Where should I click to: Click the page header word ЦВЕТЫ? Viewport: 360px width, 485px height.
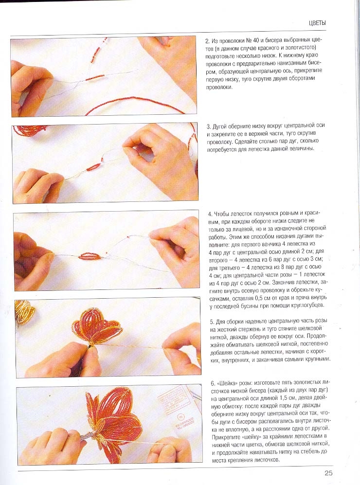317,23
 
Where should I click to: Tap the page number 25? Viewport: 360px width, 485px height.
328,473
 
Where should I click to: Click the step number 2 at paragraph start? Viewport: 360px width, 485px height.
207,41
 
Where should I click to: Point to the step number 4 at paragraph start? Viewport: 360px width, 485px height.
210,214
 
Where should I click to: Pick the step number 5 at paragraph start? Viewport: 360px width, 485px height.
212,321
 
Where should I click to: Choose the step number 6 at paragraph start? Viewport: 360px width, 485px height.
213,383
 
